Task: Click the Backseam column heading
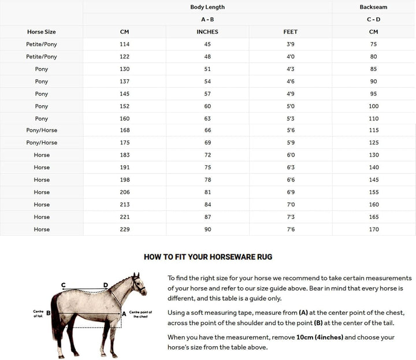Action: (373, 7)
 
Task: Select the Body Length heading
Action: (207, 7)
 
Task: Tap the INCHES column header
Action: (207, 32)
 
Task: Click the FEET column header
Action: (290, 32)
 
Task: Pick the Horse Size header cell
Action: (42, 32)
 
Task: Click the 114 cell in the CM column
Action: (125, 44)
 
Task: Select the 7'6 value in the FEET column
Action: (290, 229)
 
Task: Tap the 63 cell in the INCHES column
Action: (207, 118)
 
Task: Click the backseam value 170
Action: (373, 229)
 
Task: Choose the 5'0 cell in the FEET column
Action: (290, 106)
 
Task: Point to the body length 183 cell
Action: (125, 155)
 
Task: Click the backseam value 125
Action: (373, 143)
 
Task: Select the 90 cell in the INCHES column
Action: (207, 229)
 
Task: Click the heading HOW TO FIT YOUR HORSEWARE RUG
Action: (207, 257)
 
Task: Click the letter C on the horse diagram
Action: (63, 284)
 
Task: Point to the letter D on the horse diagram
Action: (106, 284)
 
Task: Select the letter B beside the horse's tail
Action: (49, 313)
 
